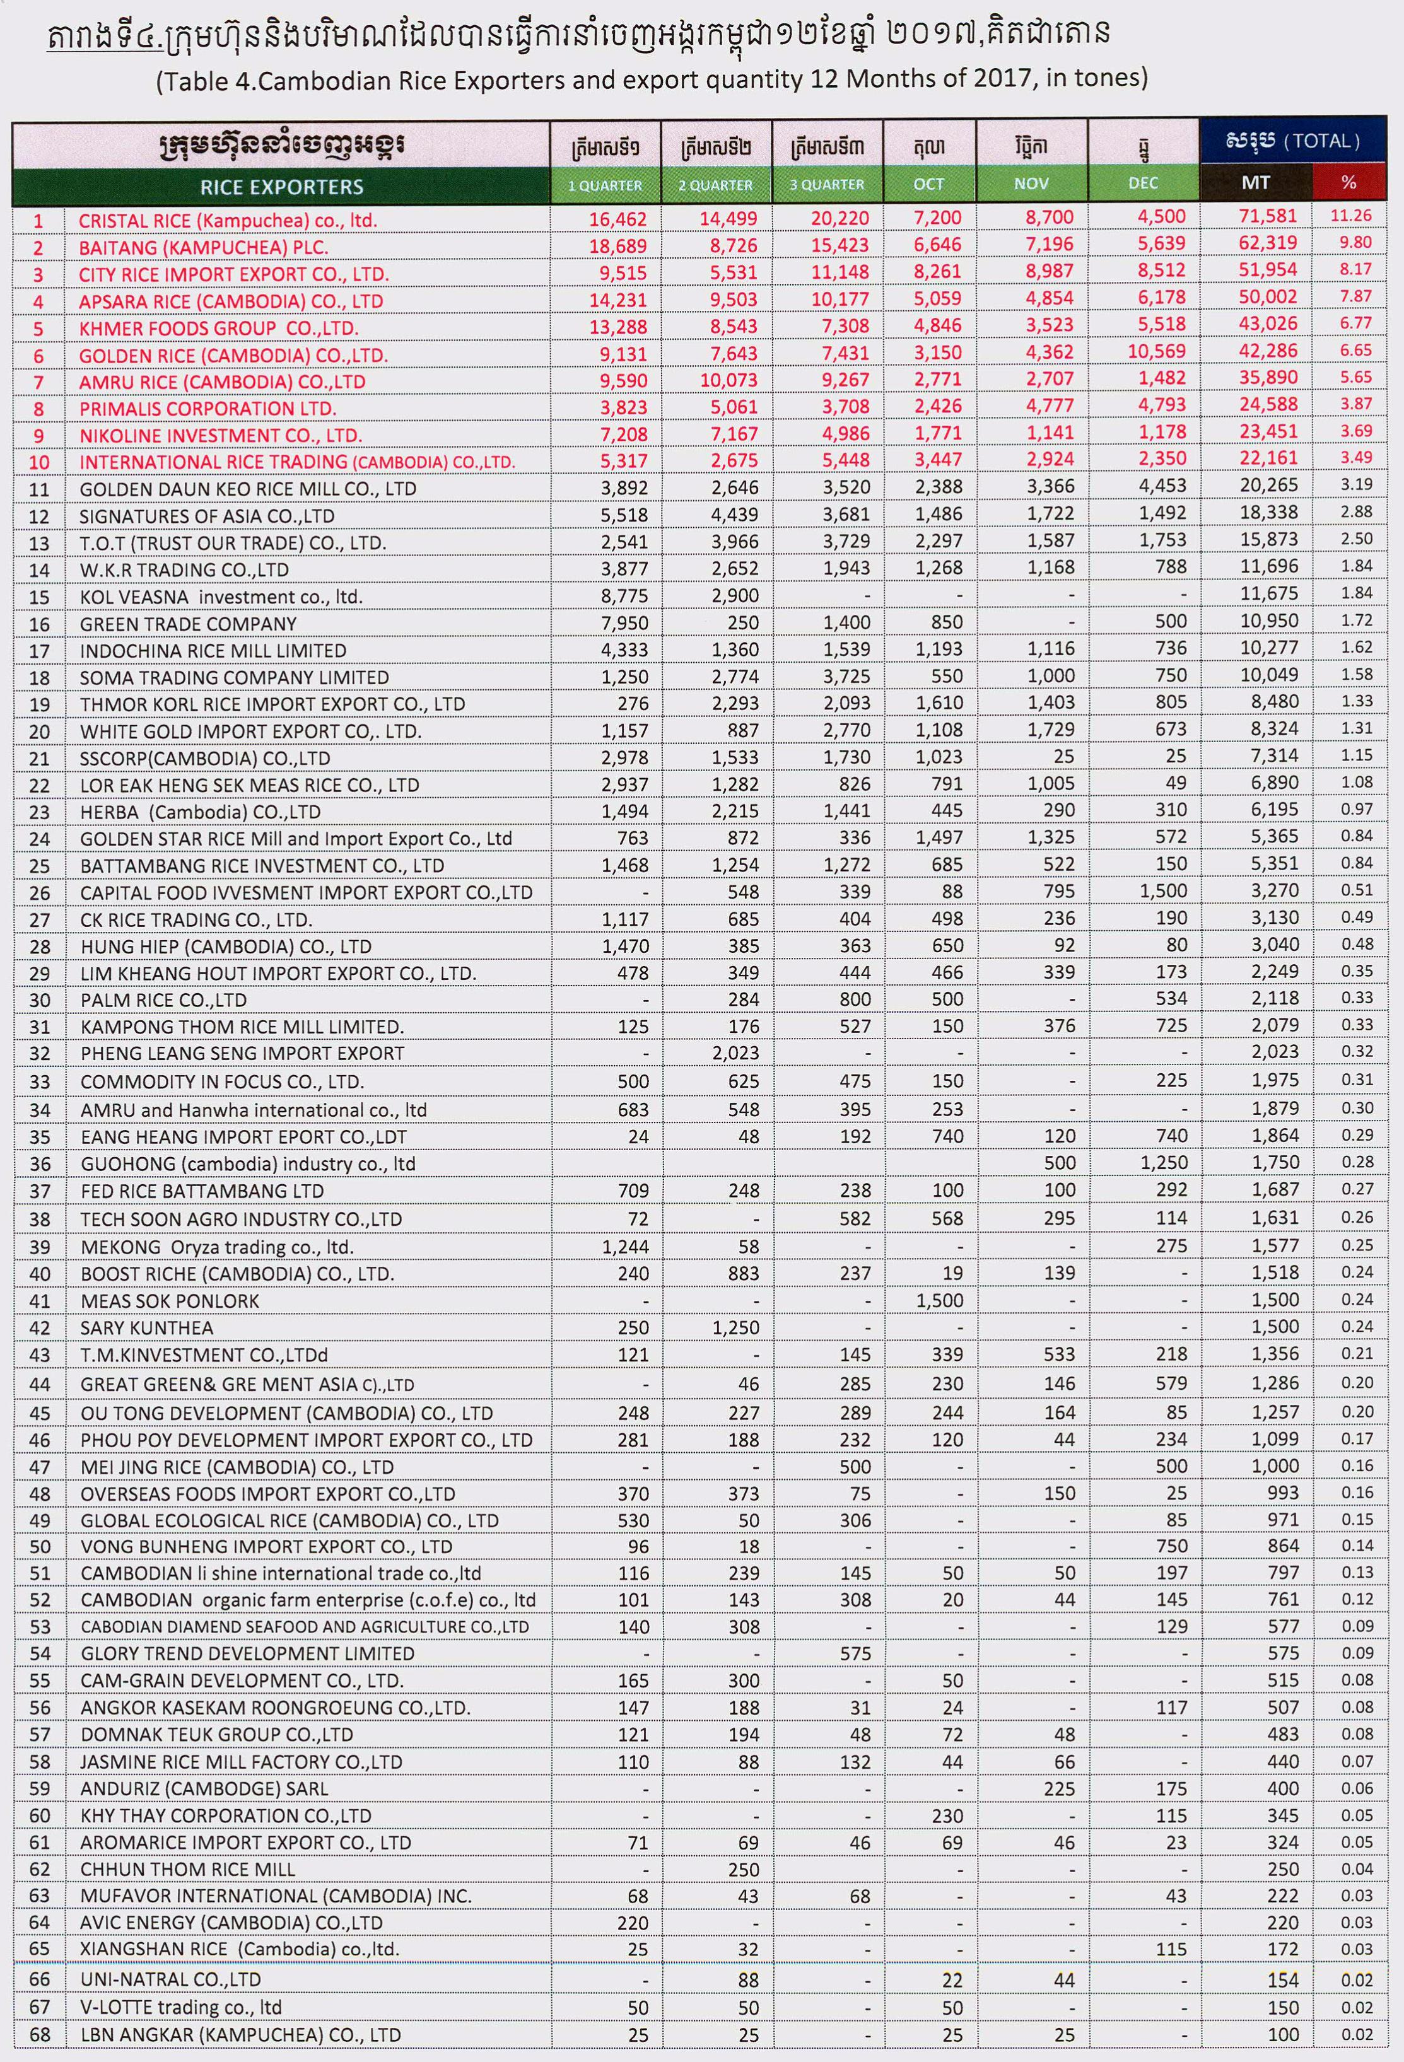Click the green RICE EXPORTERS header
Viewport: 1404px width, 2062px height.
[x=281, y=186]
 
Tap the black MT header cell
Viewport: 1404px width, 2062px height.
[x=1255, y=183]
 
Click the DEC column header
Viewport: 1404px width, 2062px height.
[x=1142, y=183]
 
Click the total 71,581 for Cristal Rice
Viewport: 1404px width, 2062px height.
[x=1268, y=216]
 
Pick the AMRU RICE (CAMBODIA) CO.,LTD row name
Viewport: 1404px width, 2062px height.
[x=222, y=382]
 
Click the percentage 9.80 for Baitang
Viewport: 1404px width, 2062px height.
[x=1356, y=242]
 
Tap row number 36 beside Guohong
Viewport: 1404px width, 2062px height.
[x=40, y=1164]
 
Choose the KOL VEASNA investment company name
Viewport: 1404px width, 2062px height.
[x=221, y=597]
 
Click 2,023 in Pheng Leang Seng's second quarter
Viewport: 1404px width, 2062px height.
[x=735, y=1053]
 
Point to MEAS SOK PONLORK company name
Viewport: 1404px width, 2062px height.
[x=170, y=1301]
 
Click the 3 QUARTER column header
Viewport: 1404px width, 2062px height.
[x=826, y=185]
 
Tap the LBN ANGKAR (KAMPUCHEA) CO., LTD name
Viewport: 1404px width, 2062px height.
[x=240, y=2034]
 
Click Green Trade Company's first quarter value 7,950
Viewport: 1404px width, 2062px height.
[x=625, y=623]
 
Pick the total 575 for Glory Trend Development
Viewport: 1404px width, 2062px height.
[x=1284, y=1653]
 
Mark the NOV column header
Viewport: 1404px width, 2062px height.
[x=1031, y=183]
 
